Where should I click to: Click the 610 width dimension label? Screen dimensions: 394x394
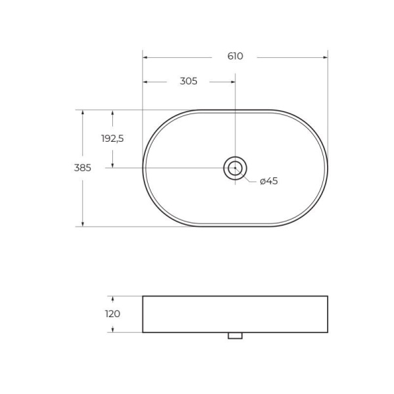tap(235, 56)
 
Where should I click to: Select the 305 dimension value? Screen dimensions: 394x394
tap(188, 81)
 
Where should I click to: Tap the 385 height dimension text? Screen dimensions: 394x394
tap(83, 168)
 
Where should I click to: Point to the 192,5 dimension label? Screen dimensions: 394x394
tap(112, 139)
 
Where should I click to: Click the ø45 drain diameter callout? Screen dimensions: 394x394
tap(269, 181)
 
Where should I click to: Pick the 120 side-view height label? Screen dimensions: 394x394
tap(112, 314)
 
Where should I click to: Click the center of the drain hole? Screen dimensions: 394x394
tap(235, 168)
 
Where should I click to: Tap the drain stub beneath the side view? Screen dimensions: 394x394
tap(235, 336)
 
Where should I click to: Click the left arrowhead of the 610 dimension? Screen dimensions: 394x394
tap(146, 57)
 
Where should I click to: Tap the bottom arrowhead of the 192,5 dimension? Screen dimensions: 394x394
tap(112, 165)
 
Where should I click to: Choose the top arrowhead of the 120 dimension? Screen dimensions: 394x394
tap(112, 299)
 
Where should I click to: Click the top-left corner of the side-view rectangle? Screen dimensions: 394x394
tap(143, 296)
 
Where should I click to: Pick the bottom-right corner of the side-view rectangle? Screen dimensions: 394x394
tap(327, 332)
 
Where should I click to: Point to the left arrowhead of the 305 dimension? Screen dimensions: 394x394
tap(146, 82)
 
